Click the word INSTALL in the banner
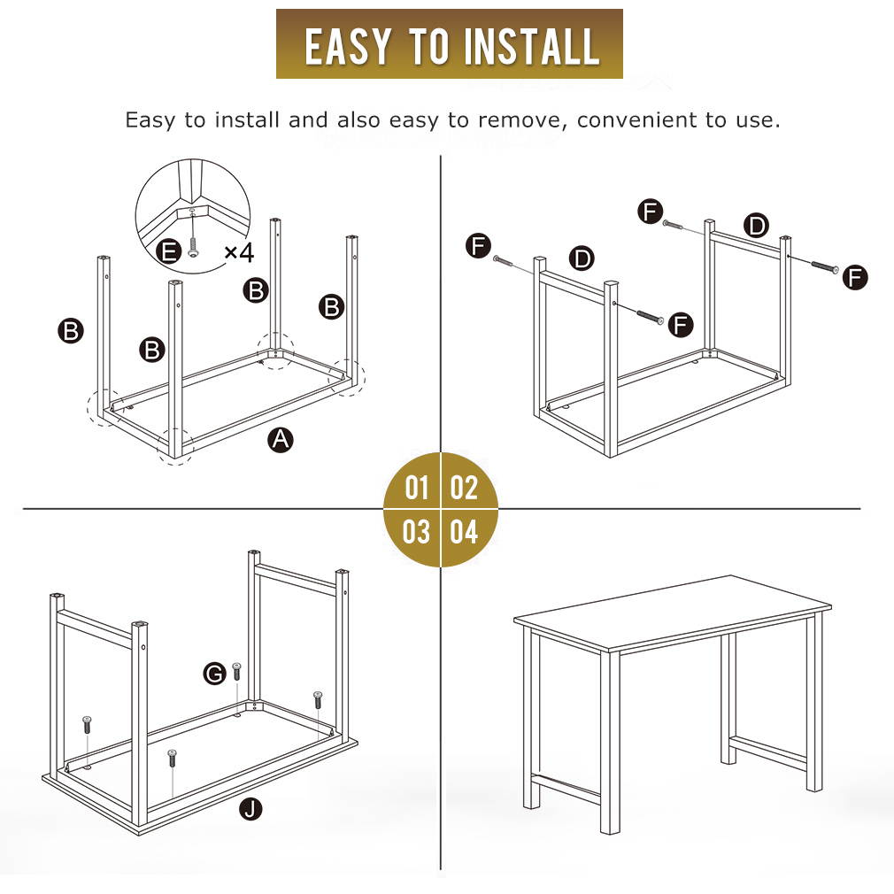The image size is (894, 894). pyautogui.click(x=531, y=46)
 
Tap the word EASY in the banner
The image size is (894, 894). pyautogui.click(x=348, y=46)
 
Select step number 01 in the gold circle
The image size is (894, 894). pyautogui.click(x=416, y=488)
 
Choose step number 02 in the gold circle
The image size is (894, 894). pyautogui.click(x=464, y=488)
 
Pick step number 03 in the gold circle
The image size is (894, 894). pyautogui.click(x=416, y=531)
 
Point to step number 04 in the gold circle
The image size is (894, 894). pyautogui.click(x=464, y=531)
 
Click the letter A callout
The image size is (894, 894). pyautogui.click(x=281, y=440)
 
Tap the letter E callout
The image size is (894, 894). pyautogui.click(x=169, y=250)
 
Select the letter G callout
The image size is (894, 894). pyautogui.click(x=215, y=674)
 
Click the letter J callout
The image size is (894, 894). pyautogui.click(x=250, y=808)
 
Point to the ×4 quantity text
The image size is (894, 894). pyautogui.click(x=239, y=252)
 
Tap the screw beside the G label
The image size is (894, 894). pyautogui.click(x=236, y=672)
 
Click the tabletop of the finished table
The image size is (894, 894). pyautogui.click(x=672, y=613)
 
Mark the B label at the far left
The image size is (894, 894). pyautogui.click(x=71, y=331)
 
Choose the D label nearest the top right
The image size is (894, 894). pyautogui.click(x=757, y=226)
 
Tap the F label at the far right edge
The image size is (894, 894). pyautogui.click(x=855, y=278)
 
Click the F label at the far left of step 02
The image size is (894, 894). pyautogui.click(x=478, y=246)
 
